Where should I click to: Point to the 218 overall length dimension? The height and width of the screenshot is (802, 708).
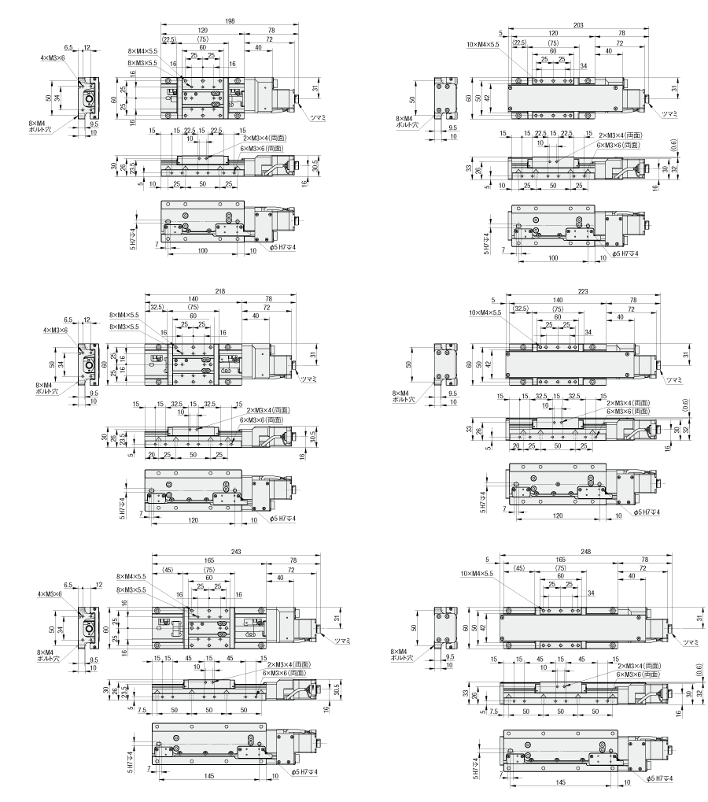click(219, 291)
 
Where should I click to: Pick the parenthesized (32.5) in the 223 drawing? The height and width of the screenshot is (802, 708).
click(519, 309)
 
